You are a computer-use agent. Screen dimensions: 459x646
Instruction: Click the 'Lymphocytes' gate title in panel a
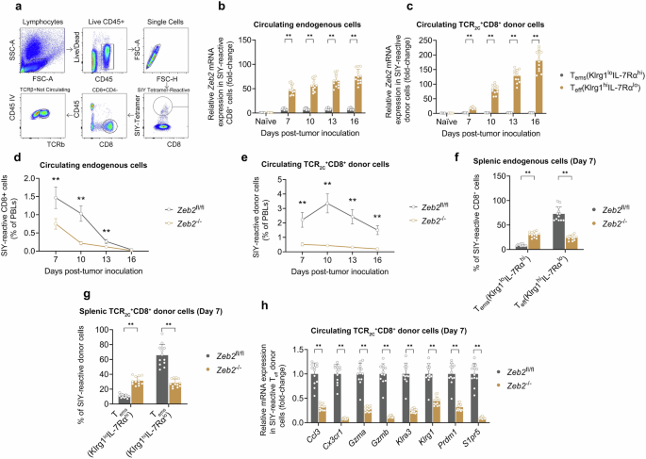[40, 19]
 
